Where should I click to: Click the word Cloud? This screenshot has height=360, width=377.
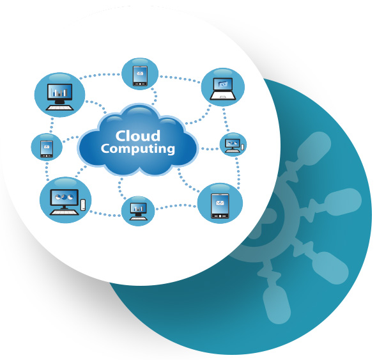click(138, 136)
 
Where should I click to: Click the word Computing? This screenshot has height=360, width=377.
click(138, 149)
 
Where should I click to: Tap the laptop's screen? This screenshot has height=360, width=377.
click(223, 84)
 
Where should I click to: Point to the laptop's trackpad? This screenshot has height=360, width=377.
click(223, 97)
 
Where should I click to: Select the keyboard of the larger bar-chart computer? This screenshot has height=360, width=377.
click(60, 107)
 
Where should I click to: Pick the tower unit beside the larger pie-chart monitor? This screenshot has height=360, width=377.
click(83, 205)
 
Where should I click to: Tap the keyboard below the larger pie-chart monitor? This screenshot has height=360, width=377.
click(64, 212)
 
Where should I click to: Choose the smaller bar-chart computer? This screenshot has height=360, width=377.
click(138, 211)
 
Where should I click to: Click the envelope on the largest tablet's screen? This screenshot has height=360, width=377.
click(220, 203)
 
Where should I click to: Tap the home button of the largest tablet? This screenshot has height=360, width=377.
click(220, 216)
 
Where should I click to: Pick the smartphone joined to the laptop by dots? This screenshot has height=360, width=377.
click(140, 76)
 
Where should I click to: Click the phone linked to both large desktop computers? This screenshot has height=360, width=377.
click(47, 149)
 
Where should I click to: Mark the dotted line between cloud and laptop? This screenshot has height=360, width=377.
click(197, 116)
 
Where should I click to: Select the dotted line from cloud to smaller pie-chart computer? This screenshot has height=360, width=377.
click(209, 149)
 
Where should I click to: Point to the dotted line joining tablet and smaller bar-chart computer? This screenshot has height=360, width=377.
click(176, 207)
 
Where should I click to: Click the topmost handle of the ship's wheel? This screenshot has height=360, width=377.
click(314, 149)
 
